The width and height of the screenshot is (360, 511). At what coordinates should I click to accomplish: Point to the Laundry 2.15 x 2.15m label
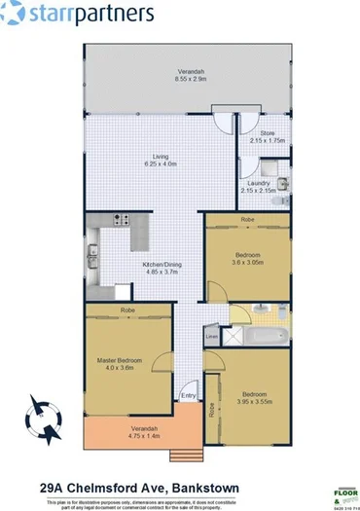point(261,187)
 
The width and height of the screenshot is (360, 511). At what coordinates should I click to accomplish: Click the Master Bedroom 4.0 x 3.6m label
point(121,364)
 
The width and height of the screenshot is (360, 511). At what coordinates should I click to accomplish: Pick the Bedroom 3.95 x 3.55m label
point(255,398)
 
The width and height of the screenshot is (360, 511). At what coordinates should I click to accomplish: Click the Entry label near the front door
point(188,395)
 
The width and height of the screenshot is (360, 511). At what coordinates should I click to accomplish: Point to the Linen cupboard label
point(211,337)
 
